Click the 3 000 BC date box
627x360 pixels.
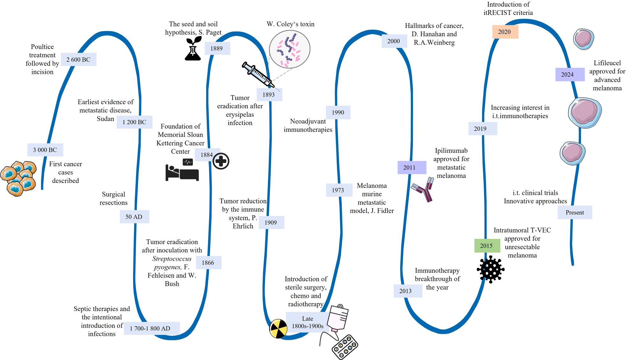pyautogui.click(x=45, y=150)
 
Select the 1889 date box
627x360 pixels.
pyautogui.click(x=217, y=48)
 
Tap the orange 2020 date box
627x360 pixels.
pyautogui.click(x=505, y=32)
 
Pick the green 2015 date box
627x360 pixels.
pyautogui.click(x=487, y=246)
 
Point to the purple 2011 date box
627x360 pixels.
pyautogui.click(x=411, y=167)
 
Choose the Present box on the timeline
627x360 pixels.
pyautogui.click(x=575, y=212)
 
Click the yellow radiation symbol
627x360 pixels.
pyautogui.click(x=278, y=328)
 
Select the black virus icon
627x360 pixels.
pyautogui.click(x=491, y=269)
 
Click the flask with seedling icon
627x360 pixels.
pyautogui.click(x=193, y=49)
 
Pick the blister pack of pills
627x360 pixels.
pyautogui.click(x=345, y=347)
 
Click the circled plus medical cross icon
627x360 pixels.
pyautogui.click(x=221, y=161)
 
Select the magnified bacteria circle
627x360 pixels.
pyautogui.click(x=289, y=49)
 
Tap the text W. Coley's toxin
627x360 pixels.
pyautogui.click(x=290, y=24)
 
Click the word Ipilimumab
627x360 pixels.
pyautogui.click(x=451, y=151)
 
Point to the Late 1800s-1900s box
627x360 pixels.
pyautogui.click(x=307, y=322)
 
